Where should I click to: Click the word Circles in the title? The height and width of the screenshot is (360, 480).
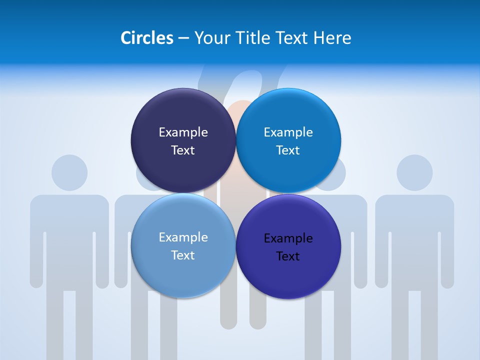pos(147,38)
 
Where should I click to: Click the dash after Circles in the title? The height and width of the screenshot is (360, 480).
pos(183,38)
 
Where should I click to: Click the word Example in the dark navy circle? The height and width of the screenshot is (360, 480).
pos(183,132)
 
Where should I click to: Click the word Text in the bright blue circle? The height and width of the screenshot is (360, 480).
pos(288,150)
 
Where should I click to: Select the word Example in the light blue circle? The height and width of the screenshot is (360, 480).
pos(183,237)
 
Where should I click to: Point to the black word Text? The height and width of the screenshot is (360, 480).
pos(288,256)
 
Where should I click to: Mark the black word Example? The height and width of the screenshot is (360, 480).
pos(288,238)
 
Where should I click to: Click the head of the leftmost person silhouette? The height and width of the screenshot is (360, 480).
pos(69,172)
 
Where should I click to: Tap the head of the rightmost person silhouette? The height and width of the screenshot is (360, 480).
pos(414,172)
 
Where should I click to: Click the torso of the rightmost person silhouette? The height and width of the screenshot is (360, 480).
pos(414,235)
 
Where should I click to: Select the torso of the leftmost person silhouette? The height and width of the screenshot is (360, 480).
pos(69,235)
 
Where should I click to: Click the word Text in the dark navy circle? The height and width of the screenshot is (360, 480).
pos(183,150)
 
